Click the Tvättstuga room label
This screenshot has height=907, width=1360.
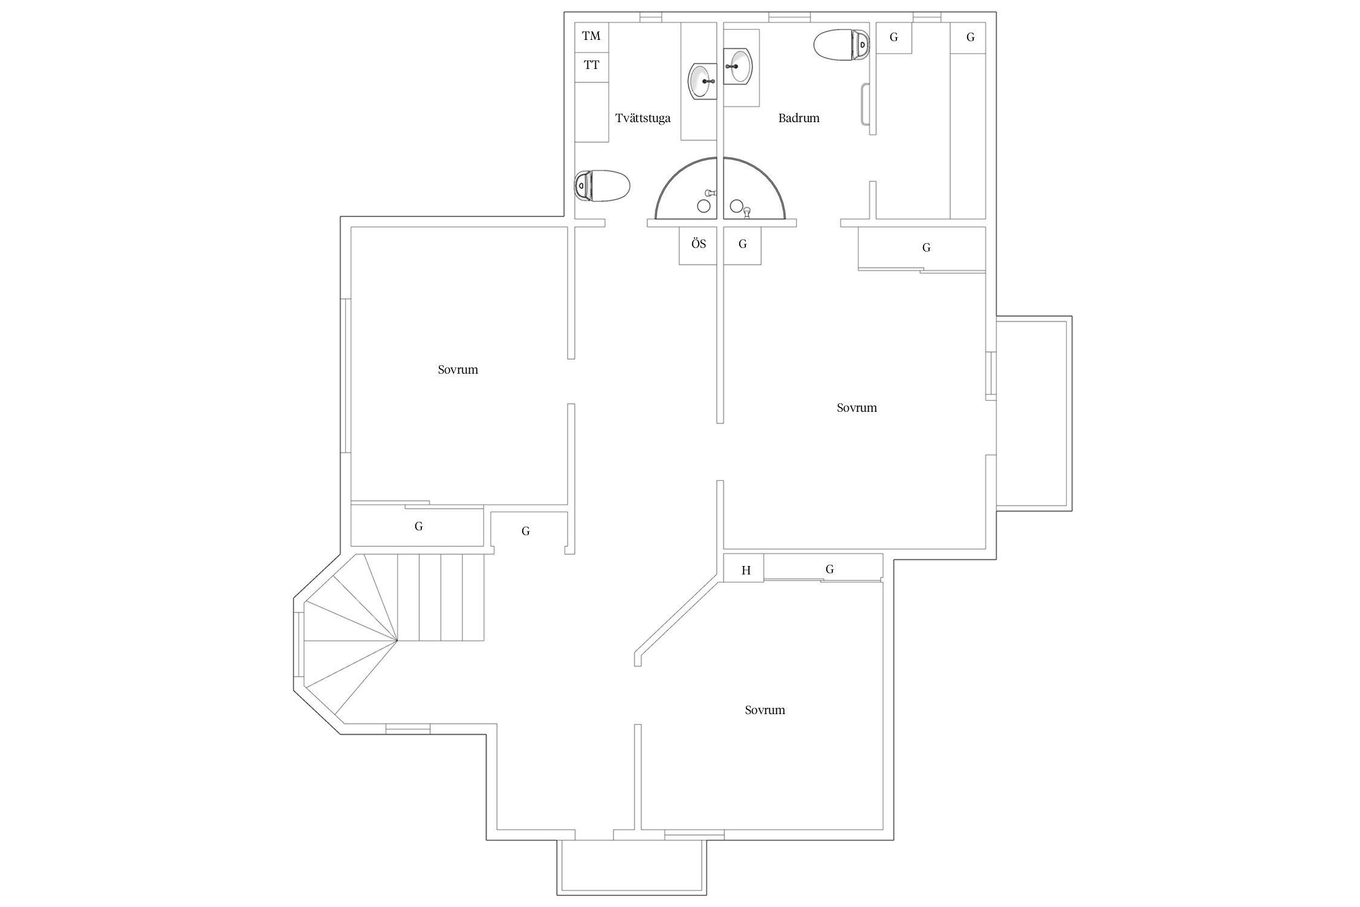tap(643, 119)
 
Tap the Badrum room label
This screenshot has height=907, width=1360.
tap(798, 119)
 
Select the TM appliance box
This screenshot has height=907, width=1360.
tap(591, 37)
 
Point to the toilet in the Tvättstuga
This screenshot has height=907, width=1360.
tap(602, 186)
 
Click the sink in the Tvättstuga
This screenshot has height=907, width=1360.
tap(702, 80)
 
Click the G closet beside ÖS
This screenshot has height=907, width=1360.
tap(742, 245)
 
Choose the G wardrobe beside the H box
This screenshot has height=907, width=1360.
tap(823, 568)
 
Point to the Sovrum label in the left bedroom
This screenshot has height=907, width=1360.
tap(458, 370)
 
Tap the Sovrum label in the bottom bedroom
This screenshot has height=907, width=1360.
tap(765, 710)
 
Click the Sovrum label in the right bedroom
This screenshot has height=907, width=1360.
tap(856, 408)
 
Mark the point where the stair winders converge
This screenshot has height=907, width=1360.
tap(397, 640)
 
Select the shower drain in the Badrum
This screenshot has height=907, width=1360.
tap(736, 206)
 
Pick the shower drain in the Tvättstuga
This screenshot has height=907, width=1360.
tap(704, 206)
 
